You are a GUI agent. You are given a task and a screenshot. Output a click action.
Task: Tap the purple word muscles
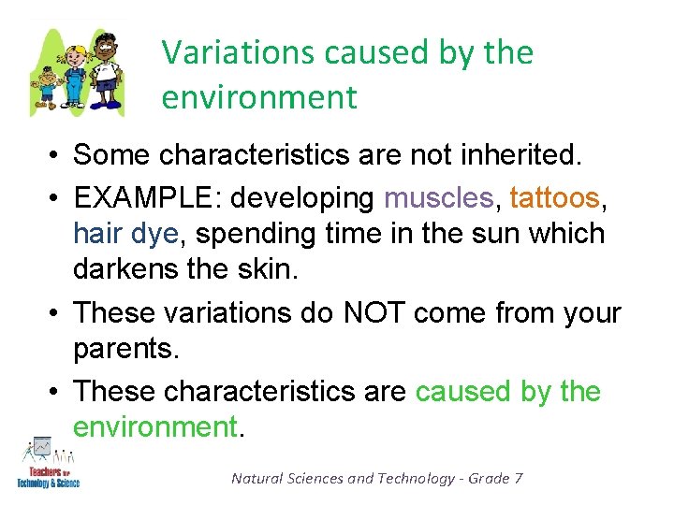click(437, 197)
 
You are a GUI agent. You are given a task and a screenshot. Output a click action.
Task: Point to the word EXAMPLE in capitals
click(150, 197)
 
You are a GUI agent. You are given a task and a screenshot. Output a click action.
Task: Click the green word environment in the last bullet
click(155, 426)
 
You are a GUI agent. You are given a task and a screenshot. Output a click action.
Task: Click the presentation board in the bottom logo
click(42, 450)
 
